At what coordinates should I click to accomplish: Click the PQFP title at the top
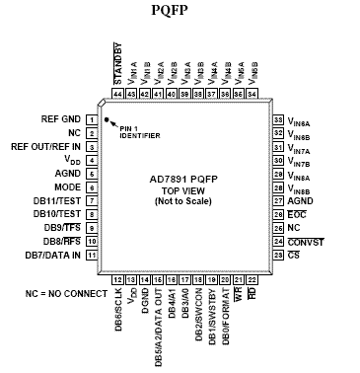click(180, 11)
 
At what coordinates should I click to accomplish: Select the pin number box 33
click(277, 118)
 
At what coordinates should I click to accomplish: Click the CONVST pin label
click(305, 241)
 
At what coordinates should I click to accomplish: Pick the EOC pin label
click(298, 213)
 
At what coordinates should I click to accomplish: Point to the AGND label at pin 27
click(302, 199)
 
